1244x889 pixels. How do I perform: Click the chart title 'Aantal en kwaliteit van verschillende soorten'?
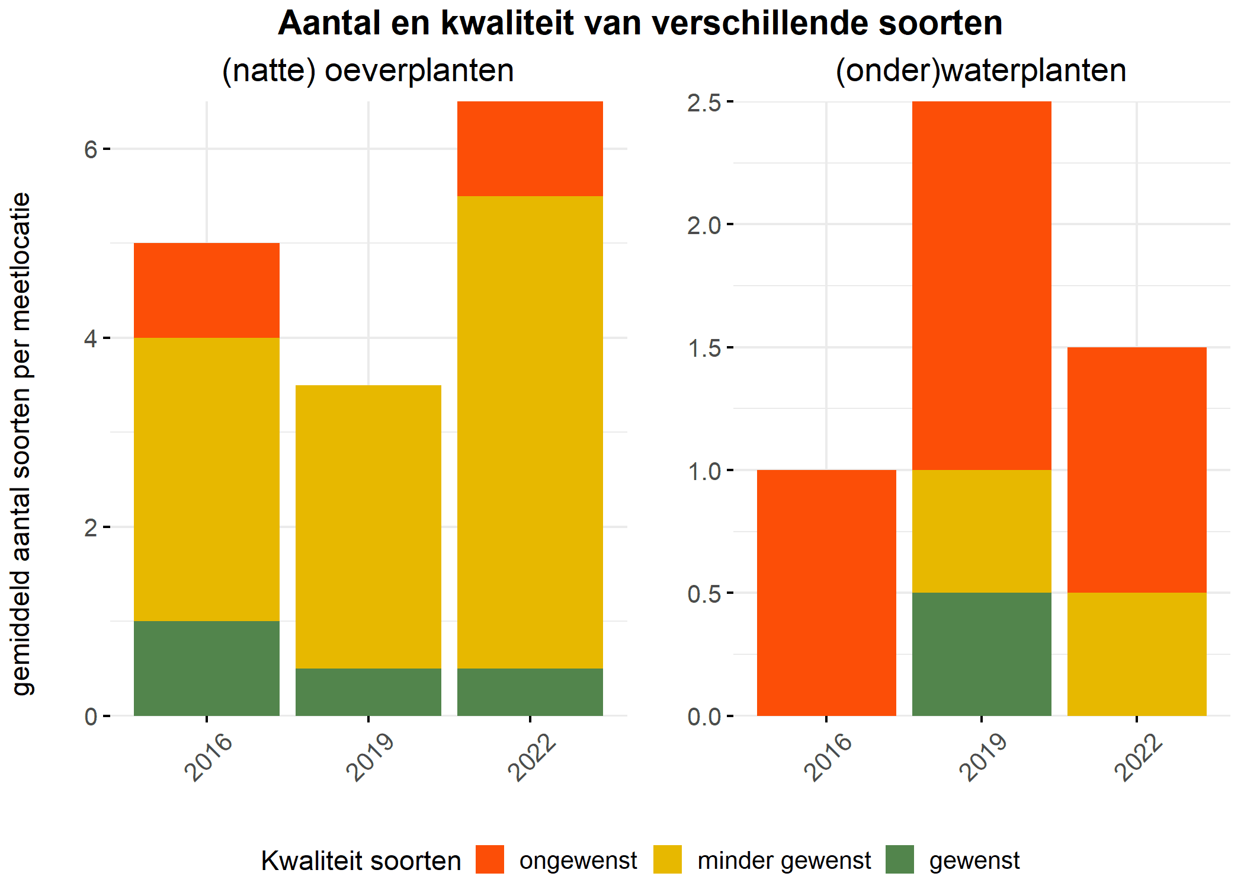[x=640, y=24]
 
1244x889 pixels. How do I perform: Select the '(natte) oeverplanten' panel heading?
[x=368, y=71]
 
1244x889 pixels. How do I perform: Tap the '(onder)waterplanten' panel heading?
[x=981, y=71]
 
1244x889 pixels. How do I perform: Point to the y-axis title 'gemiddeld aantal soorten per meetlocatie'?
[x=21, y=444]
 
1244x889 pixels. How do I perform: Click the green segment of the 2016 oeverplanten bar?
[x=207, y=669]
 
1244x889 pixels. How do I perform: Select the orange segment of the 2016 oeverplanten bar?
[x=207, y=290]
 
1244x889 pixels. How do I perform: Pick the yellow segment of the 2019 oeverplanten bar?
[x=368, y=527]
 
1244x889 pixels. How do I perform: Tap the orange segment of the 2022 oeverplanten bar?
[x=530, y=149]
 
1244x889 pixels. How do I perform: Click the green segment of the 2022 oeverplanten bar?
[x=530, y=692]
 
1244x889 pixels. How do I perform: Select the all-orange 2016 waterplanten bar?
[x=826, y=593]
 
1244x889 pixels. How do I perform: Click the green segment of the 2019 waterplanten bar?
[x=982, y=654]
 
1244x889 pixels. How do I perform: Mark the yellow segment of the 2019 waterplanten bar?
[x=982, y=532]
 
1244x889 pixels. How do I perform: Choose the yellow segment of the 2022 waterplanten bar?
[x=1137, y=654]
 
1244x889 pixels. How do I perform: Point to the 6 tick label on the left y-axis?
[x=91, y=149]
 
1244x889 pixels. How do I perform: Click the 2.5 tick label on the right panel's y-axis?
[x=704, y=103]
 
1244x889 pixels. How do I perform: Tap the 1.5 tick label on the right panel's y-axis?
[x=704, y=348]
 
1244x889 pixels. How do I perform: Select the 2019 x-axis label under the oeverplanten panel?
[x=370, y=757]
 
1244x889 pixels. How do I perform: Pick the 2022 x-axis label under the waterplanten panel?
[x=1138, y=757]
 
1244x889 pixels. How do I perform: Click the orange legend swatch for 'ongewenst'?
[x=490, y=859]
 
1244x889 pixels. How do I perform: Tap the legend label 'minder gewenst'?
[x=784, y=861]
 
